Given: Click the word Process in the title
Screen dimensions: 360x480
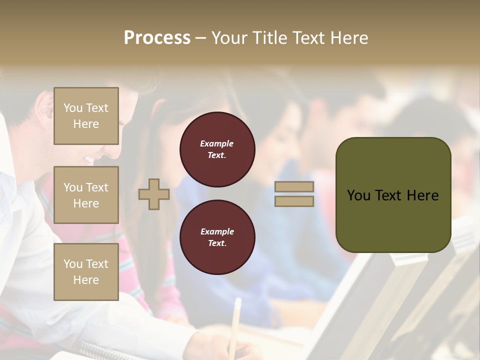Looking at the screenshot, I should [157, 38].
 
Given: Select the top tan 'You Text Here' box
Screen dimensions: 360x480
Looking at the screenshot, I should [86, 116].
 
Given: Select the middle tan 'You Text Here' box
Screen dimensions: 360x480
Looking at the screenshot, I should [86, 195].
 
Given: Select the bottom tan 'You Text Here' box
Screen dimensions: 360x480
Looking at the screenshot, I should [86, 271].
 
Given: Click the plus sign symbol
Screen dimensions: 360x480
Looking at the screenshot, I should [154, 194].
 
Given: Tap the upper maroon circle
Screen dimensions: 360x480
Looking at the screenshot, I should [217, 149].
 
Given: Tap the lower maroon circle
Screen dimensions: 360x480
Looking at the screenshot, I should [217, 237].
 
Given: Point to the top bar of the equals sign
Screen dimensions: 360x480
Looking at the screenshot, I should [294, 187].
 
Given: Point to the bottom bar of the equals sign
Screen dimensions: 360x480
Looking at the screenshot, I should [294, 201].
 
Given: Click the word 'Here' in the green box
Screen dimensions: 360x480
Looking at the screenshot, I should [422, 195].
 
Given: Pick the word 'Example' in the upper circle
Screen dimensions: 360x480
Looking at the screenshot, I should [217, 143].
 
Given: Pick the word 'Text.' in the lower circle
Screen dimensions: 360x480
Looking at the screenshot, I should [217, 243].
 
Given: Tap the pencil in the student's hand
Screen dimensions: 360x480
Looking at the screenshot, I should [235, 320].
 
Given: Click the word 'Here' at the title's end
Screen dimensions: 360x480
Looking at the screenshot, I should [349, 38].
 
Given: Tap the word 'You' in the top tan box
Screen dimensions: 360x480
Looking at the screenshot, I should [73, 108].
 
